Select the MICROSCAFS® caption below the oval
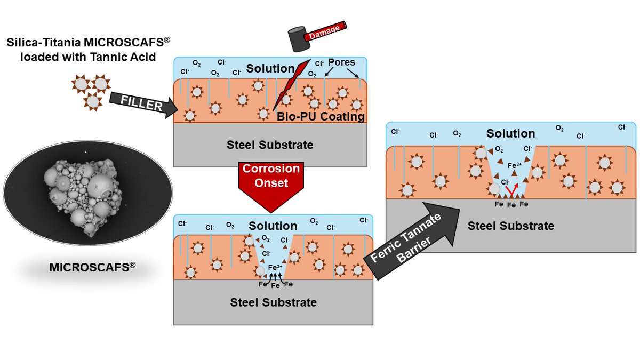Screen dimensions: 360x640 click(91, 266)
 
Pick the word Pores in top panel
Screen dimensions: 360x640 click(341, 62)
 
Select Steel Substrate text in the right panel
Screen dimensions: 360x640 click(511, 226)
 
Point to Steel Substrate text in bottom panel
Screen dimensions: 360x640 click(273, 302)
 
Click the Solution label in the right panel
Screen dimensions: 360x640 click(510, 133)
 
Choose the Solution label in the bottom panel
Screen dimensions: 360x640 click(273, 226)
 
